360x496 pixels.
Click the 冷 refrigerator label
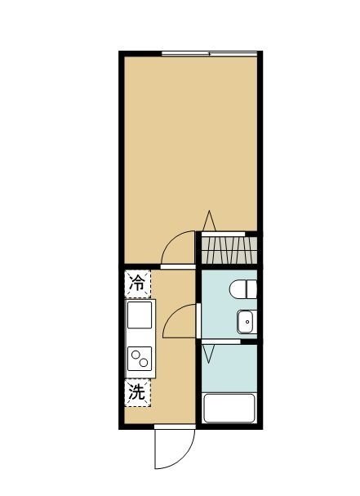[x=138, y=284]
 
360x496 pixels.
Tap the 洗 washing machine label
[x=138, y=392]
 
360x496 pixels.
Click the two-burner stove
[x=140, y=358]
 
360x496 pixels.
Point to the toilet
[x=242, y=289]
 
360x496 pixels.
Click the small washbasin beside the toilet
[x=246, y=323]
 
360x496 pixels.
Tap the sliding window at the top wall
[x=210, y=54]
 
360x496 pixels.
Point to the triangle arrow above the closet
[x=209, y=221]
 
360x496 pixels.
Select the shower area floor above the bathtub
[x=233, y=368]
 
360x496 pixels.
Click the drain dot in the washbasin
[x=242, y=324]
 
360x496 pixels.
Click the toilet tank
[x=252, y=289]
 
